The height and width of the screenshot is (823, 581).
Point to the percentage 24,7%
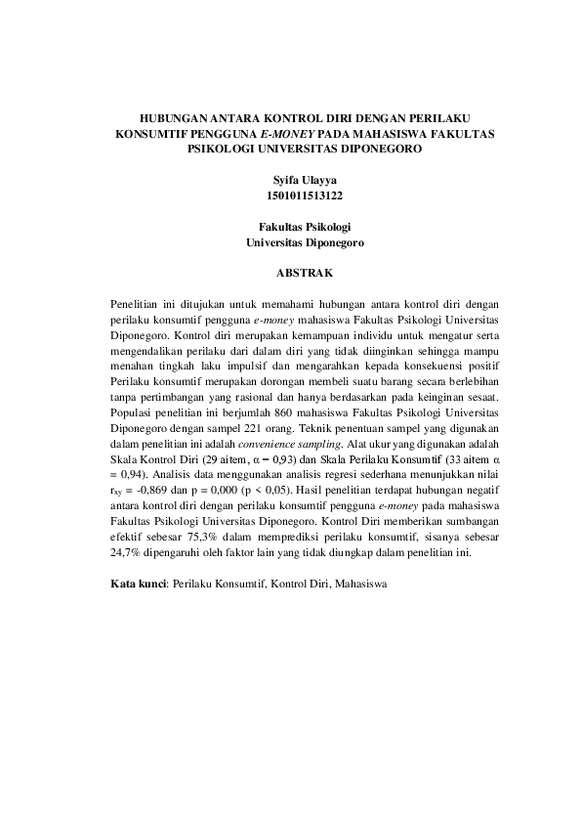126,553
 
